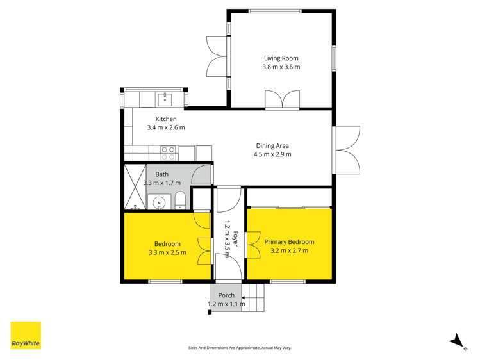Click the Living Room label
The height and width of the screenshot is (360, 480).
click(x=281, y=57)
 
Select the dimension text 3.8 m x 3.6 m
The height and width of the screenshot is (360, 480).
click(x=281, y=67)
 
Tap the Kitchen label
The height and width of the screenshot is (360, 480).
click(x=166, y=119)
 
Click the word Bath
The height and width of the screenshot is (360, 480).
click(x=161, y=174)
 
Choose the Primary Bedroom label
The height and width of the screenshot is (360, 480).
click(x=290, y=241)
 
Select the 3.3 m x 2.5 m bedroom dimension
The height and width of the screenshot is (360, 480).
click(x=167, y=252)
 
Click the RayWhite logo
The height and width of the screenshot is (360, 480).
click(x=26, y=335)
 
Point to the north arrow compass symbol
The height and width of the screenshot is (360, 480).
click(x=456, y=340)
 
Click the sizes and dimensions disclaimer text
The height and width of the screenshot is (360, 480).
click(x=240, y=348)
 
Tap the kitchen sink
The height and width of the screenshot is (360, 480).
click(x=165, y=99)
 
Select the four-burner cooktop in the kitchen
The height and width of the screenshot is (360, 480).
click(x=169, y=152)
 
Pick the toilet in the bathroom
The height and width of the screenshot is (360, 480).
click(x=181, y=201)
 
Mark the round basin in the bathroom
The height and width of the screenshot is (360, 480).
click(x=158, y=203)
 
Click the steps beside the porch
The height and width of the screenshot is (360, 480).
click(x=256, y=297)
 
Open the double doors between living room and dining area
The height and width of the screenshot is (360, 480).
click(x=283, y=99)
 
